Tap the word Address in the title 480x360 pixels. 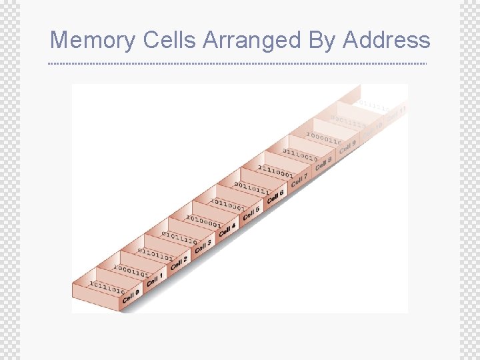[387, 40]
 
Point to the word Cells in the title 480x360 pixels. [169, 40]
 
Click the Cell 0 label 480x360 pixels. [131, 295]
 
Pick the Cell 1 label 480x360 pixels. [155, 279]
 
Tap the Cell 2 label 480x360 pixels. [179, 263]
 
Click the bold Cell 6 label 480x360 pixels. [275, 197]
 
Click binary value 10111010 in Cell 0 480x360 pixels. [107, 287]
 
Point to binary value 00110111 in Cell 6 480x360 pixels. [252, 189]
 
